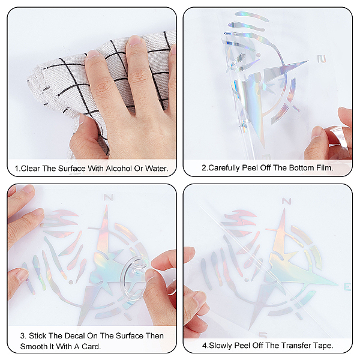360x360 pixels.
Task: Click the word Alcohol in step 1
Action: pos(119,169)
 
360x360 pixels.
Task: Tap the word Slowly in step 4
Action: pos(221,346)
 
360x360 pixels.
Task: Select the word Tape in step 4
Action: pos(325,346)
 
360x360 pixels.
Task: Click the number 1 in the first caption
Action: pos(16,169)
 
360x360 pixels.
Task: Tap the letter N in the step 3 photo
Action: pos(109,197)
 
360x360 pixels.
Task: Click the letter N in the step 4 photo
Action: pos(286,202)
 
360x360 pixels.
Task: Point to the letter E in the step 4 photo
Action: pos(347,287)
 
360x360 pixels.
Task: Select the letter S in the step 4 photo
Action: pos(263,335)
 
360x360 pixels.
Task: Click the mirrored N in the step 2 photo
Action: pos(322,59)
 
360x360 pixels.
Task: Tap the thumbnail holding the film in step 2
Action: pos(317,133)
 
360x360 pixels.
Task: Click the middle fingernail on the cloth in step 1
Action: pos(135,40)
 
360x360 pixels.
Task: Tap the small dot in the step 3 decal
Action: pos(71,282)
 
